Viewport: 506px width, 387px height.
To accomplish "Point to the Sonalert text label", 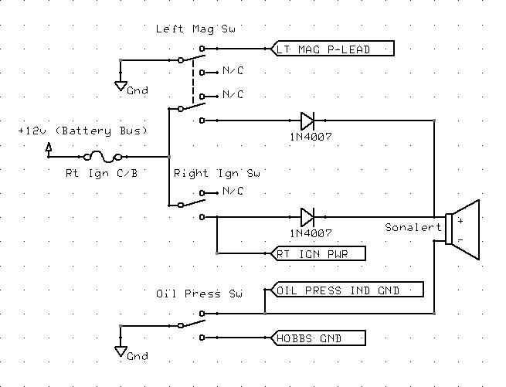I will (x=413, y=228).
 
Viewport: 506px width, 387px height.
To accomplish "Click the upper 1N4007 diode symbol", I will (x=307, y=120).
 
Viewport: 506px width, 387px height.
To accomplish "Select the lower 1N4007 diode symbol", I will (x=307, y=216).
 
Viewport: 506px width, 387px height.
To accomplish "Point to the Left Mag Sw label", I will (x=195, y=29).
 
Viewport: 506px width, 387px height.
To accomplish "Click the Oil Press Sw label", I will (x=199, y=294).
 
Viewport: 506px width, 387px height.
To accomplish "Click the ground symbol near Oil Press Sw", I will (x=121, y=352).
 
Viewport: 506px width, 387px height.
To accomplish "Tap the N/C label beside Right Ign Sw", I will (x=233, y=192).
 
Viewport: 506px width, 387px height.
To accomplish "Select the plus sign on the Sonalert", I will (x=460, y=220).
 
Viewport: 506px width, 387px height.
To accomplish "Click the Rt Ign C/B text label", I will (x=101, y=173).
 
